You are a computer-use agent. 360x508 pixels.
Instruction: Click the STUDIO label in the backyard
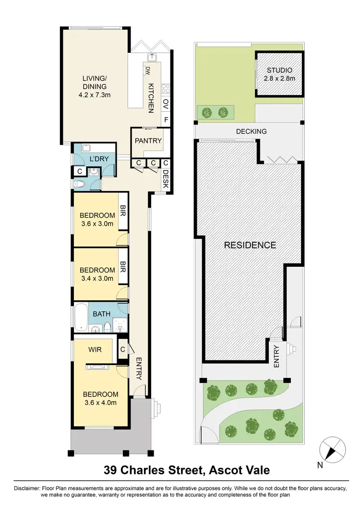(280, 71)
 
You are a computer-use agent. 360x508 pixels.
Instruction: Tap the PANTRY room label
(148, 141)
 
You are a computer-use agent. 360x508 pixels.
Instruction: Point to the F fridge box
(166, 120)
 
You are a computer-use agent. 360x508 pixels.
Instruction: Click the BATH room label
(101, 314)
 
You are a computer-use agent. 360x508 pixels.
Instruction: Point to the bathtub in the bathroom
(81, 318)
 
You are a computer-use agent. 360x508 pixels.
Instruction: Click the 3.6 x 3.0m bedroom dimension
(96, 224)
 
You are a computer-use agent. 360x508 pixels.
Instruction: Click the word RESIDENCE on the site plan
(250, 245)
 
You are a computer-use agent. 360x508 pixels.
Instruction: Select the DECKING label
(251, 131)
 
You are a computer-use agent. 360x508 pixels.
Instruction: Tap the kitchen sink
(153, 57)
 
